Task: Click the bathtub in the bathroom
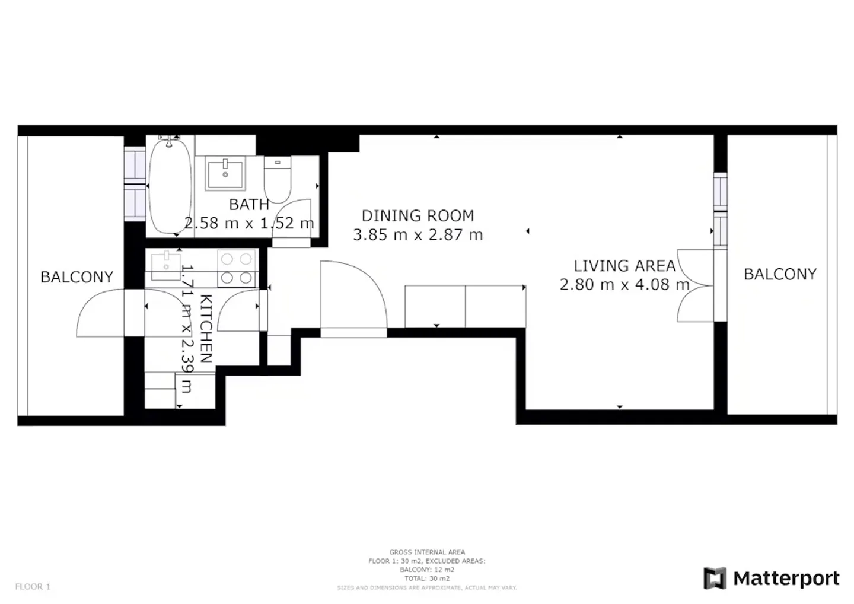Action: pos(170,185)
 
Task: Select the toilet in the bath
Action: pos(277,180)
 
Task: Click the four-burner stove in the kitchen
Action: pos(237,269)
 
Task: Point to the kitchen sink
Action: pos(166,266)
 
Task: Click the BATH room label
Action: pos(249,205)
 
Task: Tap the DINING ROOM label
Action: pos(418,215)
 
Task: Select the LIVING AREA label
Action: pos(624,266)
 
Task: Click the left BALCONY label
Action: pos(77,277)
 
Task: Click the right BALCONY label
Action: pos(780,274)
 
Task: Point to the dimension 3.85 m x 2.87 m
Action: pos(418,235)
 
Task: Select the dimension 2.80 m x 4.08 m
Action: pos(624,285)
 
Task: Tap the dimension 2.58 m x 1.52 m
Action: pos(249,224)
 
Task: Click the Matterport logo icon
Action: pos(715,578)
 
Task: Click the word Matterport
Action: pos(786,578)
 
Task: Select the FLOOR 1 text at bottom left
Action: pos(33,587)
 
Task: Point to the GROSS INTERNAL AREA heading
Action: pos(427,552)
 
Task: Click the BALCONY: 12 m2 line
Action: pos(427,570)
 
